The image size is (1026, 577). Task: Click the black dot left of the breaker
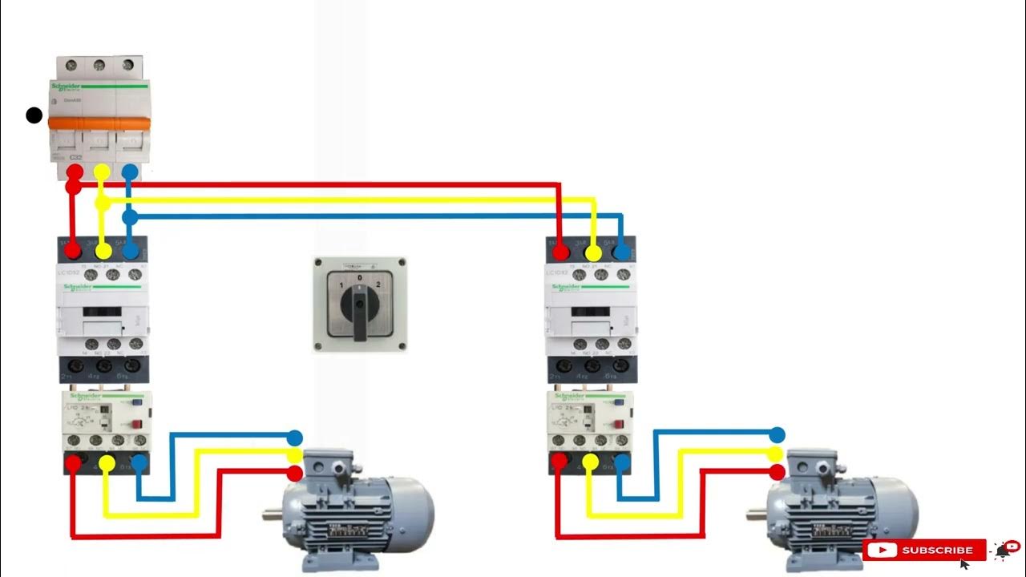click(x=34, y=115)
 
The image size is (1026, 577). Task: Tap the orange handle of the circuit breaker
click(x=99, y=123)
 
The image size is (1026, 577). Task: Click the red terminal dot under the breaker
click(x=75, y=171)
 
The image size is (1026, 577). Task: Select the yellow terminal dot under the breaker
click(x=102, y=171)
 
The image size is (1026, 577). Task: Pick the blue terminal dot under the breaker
click(x=129, y=171)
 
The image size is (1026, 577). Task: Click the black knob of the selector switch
click(x=359, y=305)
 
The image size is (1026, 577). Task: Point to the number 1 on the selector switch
click(x=341, y=285)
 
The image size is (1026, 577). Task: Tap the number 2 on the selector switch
click(x=378, y=285)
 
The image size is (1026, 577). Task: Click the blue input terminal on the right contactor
click(x=621, y=251)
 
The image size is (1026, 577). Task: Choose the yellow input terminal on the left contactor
click(x=103, y=251)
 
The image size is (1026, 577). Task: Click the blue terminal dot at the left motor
click(x=295, y=438)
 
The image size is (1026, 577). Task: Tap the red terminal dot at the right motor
click(x=776, y=473)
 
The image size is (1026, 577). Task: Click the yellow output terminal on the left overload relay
click(x=106, y=462)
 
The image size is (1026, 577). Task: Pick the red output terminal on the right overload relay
click(x=558, y=462)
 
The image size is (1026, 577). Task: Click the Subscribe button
click(x=924, y=551)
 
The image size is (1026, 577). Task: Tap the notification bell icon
click(x=1002, y=550)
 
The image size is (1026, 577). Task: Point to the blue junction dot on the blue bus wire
click(x=130, y=216)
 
